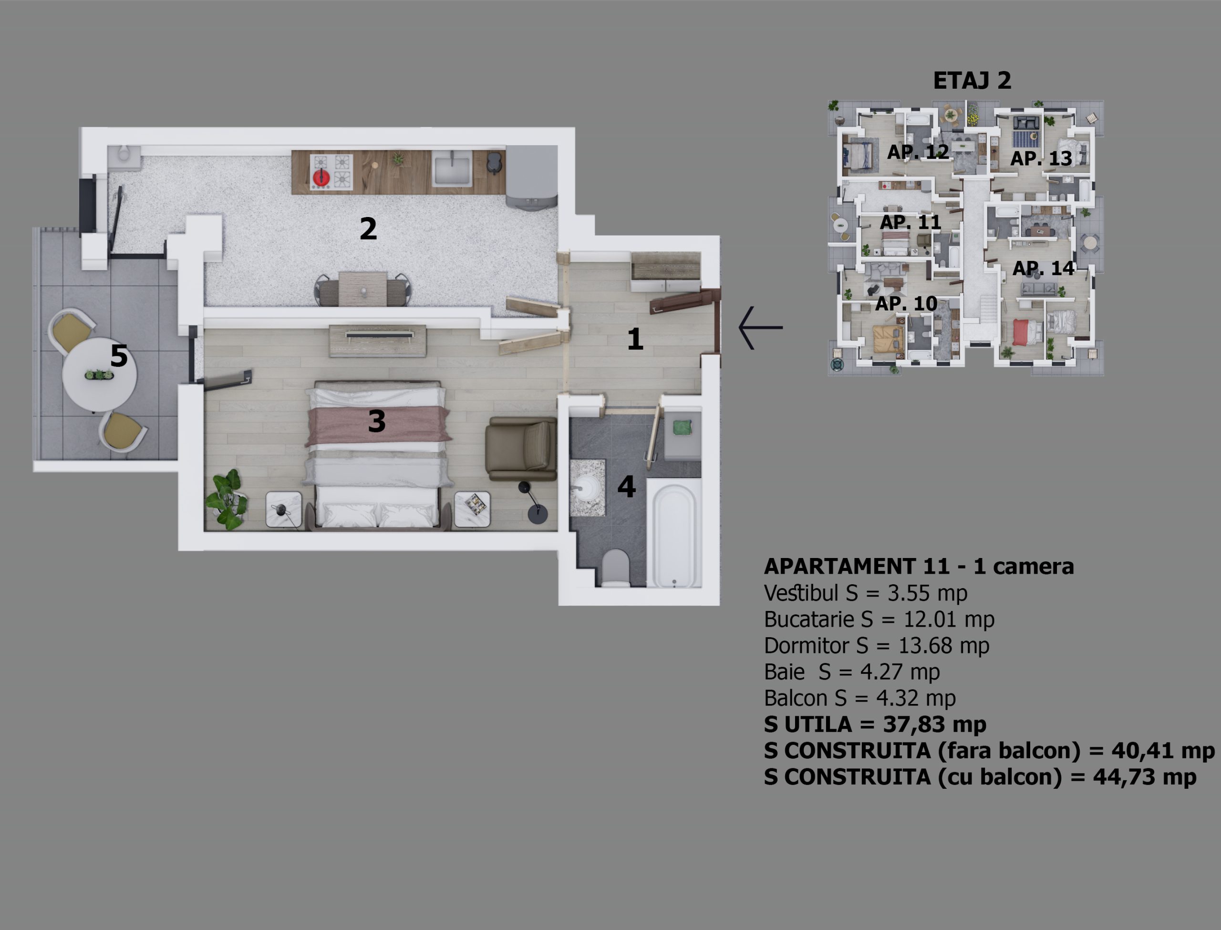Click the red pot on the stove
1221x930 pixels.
coord(321,177)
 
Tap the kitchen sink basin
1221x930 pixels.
coord(452,169)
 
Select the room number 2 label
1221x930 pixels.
coord(368,228)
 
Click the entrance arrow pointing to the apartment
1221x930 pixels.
coord(760,328)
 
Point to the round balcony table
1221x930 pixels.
coord(99,375)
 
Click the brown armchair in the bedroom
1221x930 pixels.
coord(521,449)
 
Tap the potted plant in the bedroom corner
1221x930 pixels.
coord(226,500)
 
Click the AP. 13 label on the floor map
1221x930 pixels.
coord(1041,159)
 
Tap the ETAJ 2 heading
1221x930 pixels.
coord(972,81)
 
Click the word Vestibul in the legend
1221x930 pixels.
coord(801,593)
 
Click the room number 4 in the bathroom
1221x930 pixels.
coord(627,487)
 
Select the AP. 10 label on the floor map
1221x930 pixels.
coord(906,304)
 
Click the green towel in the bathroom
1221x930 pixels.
coord(683,427)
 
